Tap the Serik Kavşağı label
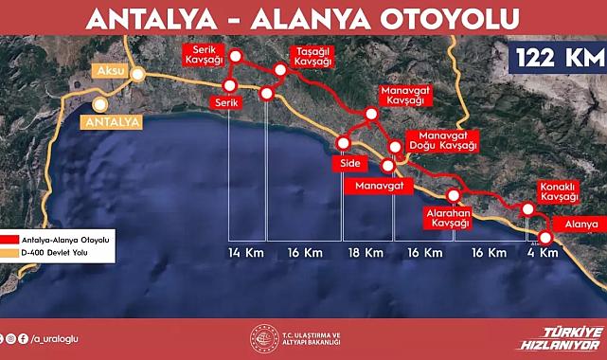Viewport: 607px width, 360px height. point(207,54)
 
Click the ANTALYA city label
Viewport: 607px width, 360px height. point(112,121)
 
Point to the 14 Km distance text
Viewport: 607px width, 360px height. point(246,253)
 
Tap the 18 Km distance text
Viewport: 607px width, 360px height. point(366,253)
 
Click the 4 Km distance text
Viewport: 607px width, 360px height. point(541,253)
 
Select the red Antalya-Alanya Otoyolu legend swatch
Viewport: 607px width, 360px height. point(10,241)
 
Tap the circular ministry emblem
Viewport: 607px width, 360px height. point(261,338)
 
